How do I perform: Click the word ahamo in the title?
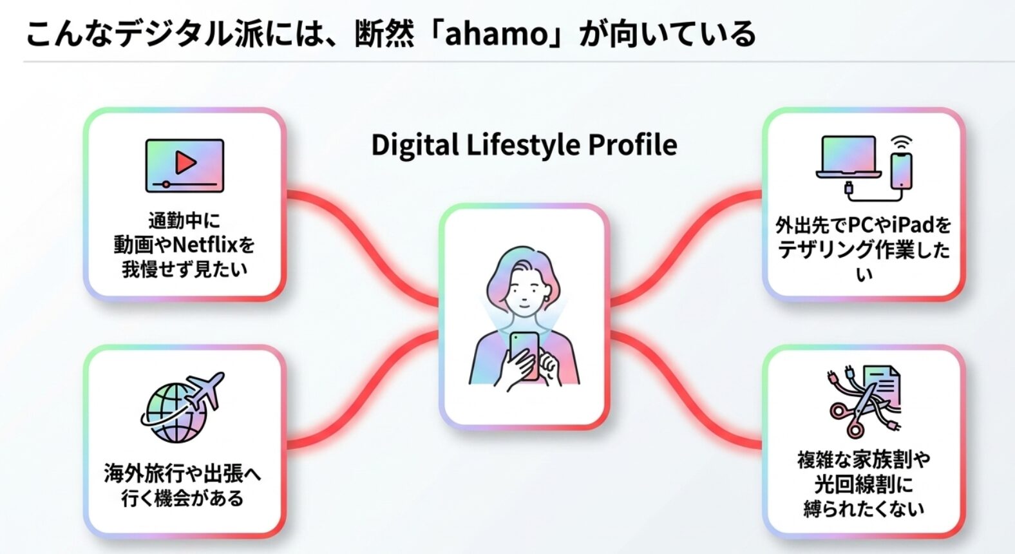(x=497, y=34)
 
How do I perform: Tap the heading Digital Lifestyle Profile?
(x=524, y=145)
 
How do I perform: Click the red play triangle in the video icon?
(x=185, y=162)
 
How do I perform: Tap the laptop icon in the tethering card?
(x=849, y=157)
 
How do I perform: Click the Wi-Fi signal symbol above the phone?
(x=901, y=143)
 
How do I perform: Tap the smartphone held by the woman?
(x=525, y=355)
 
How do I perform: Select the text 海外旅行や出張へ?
(x=182, y=474)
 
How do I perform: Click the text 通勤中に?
(x=184, y=221)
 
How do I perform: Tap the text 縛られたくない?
(x=864, y=509)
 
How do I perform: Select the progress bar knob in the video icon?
(x=166, y=184)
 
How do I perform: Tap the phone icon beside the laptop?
(x=901, y=171)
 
